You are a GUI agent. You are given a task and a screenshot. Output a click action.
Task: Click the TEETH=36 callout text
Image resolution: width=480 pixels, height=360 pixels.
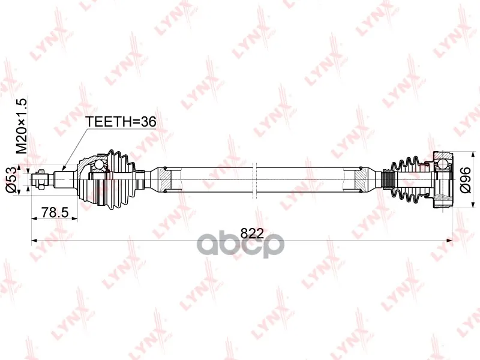121,122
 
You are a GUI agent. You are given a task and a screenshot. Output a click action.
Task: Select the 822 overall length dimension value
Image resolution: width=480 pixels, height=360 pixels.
252,233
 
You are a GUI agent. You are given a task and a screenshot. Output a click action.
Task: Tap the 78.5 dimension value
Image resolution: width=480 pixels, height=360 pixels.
55,212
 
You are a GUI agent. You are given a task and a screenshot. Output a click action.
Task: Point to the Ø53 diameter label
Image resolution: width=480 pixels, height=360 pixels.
11,179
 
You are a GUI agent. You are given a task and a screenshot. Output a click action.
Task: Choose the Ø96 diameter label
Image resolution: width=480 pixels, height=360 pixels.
466,180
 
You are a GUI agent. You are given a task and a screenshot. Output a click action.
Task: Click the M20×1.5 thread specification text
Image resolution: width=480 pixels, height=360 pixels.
22,126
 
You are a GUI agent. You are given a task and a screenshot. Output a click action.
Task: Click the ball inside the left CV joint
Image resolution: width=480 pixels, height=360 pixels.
98,164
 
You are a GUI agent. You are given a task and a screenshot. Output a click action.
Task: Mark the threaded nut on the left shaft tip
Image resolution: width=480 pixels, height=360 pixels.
41,179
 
